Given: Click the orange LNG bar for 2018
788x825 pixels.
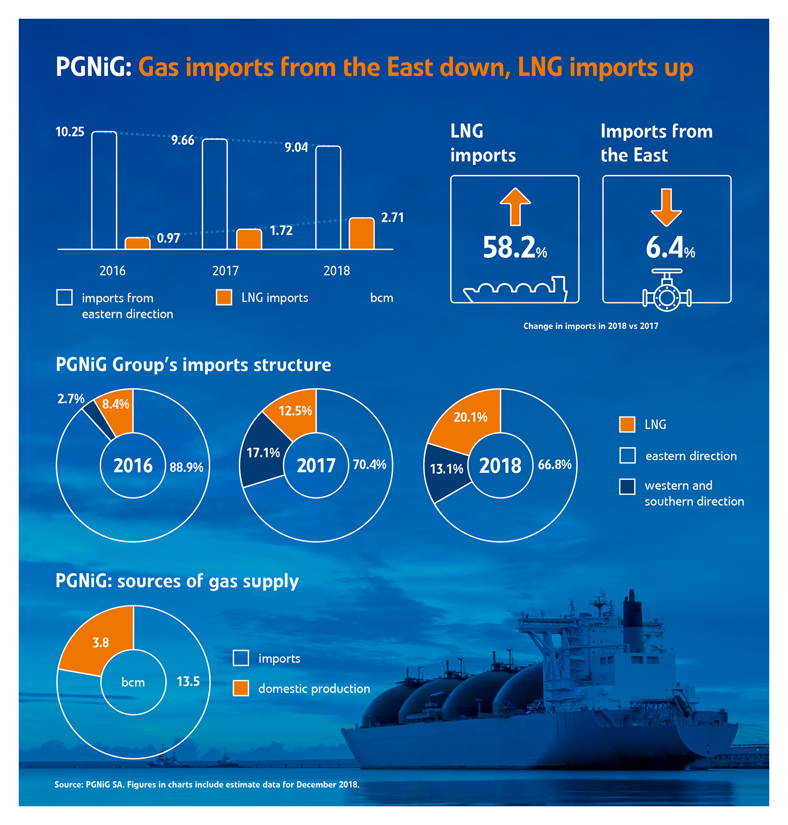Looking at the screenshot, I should pos(361,233).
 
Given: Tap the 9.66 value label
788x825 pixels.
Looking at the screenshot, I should pos(183,140).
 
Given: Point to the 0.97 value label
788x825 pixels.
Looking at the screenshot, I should pos(168,238).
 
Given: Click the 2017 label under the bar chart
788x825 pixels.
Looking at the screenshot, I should pos(225,271).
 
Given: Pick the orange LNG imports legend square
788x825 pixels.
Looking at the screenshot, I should pos(224,297).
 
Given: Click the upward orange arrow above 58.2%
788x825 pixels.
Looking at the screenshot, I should pos(515,206).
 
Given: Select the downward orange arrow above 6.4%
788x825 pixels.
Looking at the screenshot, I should pos(666,207).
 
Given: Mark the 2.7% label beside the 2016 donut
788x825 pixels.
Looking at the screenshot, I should pos(71,399).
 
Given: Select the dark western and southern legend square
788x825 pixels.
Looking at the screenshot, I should pos(627,486).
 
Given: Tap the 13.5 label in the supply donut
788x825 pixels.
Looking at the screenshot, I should pos(188,681).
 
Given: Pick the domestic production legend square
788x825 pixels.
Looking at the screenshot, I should pos(241,688).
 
